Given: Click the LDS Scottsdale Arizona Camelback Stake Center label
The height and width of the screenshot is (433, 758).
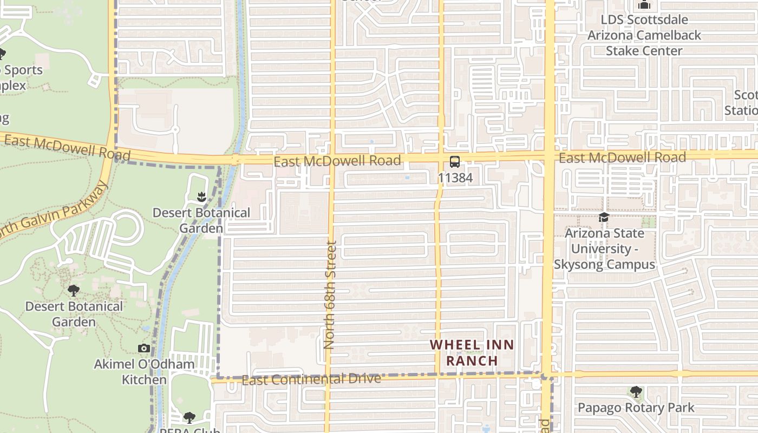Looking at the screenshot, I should click(644, 35).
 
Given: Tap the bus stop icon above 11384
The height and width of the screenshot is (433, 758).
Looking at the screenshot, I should click(455, 161).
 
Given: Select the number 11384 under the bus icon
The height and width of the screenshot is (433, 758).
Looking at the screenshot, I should click(455, 178).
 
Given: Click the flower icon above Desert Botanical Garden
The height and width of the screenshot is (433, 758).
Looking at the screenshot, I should click(201, 196).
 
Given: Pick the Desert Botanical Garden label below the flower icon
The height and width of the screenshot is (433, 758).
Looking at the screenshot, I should click(201, 220).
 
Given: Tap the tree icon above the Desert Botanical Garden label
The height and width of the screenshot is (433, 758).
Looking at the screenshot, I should click(74, 291).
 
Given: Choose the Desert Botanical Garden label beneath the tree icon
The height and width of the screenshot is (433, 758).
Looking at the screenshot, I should click(74, 314).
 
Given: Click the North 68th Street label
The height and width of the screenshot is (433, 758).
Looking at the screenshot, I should click(330, 294).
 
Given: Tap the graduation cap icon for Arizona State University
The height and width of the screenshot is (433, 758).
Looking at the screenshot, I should click(604, 218).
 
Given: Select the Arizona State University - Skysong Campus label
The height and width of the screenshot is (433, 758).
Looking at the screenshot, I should click(604, 249).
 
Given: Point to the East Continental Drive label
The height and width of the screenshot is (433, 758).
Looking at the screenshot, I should click(311, 379).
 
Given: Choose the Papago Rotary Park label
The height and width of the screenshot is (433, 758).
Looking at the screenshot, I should click(636, 408).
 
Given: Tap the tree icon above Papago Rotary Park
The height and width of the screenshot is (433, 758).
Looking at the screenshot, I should click(636, 391).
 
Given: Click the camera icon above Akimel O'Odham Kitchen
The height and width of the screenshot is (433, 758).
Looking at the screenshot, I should click(144, 348).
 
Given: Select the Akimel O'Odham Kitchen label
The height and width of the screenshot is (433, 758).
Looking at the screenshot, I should click(144, 372).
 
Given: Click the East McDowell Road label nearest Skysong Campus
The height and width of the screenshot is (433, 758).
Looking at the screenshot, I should click(622, 158).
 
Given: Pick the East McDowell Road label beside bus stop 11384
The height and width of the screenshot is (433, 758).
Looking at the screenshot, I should click(337, 161).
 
